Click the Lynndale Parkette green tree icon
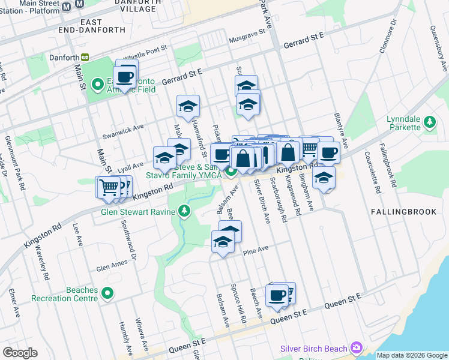[429, 122]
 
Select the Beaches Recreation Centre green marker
[107, 293]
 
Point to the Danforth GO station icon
[85, 57]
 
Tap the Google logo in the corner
[20, 353]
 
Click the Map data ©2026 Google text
[412, 355]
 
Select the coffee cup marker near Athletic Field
[125, 77]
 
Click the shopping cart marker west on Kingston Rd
[109, 187]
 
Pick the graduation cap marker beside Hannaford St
[188, 107]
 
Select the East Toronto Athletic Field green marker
[97, 83]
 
